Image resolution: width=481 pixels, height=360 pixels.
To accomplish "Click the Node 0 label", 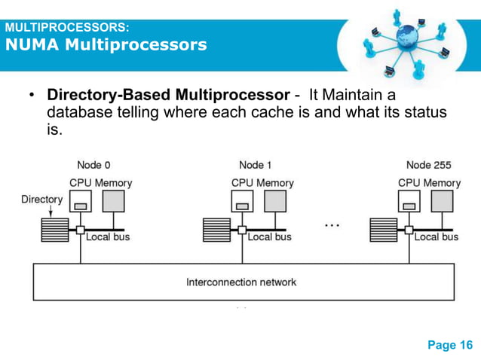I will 94,165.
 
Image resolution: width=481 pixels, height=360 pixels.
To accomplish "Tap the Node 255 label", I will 429,165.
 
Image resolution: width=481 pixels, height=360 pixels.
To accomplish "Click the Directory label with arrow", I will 41,200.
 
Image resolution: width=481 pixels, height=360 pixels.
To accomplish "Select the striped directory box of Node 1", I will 216,229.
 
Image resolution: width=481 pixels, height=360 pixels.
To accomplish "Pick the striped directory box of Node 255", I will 383,229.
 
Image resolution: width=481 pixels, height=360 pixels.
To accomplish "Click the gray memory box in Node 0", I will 115,201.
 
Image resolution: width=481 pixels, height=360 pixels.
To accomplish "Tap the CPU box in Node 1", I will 243,201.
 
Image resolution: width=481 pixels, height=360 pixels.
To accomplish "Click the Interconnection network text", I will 241,282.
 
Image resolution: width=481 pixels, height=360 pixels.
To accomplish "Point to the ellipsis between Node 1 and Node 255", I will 332,224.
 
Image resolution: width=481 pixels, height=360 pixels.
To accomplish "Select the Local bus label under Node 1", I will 270,237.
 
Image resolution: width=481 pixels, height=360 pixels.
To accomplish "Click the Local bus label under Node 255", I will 437,237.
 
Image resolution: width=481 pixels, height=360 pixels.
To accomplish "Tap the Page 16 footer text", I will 450,345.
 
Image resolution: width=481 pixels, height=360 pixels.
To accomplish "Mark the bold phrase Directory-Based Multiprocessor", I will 168,96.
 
